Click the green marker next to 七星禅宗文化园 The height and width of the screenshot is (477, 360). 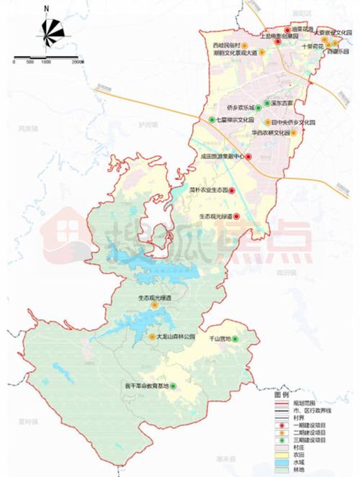coord(211,119)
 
